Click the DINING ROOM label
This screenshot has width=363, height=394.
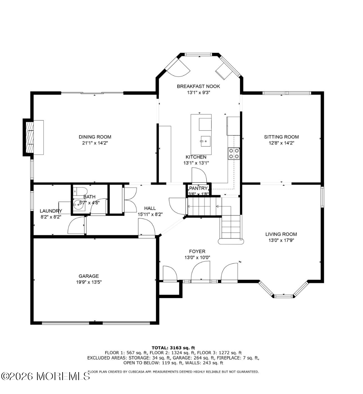click(x=95, y=137)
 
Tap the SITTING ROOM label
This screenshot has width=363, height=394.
click(x=281, y=137)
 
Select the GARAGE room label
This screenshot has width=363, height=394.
click(x=89, y=276)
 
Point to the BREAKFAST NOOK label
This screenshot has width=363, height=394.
click(x=198, y=87)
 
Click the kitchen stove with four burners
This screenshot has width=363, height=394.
click(x=234, y=153)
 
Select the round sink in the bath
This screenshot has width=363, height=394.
click(x=79, y=204)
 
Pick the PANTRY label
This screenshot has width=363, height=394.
click(x=198, y=188)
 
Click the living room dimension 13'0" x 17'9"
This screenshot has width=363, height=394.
click(x=281, y=240)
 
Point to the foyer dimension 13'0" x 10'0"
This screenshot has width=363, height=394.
click(x=197, y=257)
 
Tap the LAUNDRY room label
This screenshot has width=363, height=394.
click(x=51, y=211)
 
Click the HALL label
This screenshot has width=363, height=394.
click(x=150, y=208)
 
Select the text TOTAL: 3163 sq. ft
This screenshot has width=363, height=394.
click(x=173, y=348)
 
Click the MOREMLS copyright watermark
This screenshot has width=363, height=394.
click(x=46, y=376)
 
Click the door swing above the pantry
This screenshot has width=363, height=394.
click(x=199, y=175)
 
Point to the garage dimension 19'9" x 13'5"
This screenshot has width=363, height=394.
click(x=89, y=282)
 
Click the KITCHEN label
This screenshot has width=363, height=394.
click(x=196, y=157)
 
